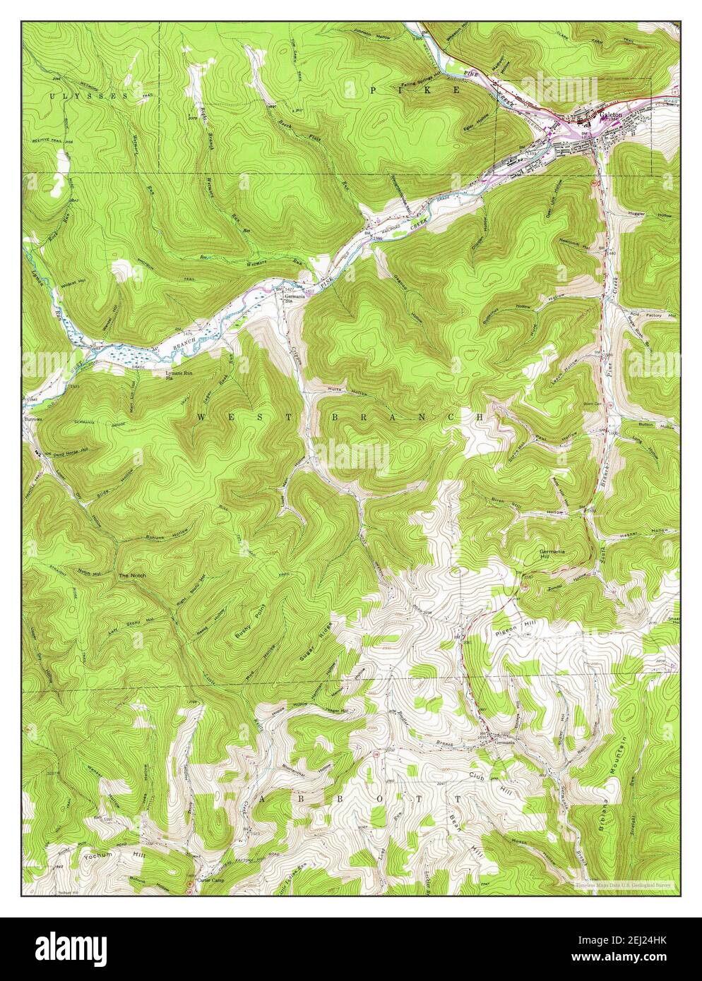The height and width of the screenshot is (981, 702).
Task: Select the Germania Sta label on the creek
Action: click(x=295, y=299)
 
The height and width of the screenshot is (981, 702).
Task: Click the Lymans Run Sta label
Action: click(x=178, y=375)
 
